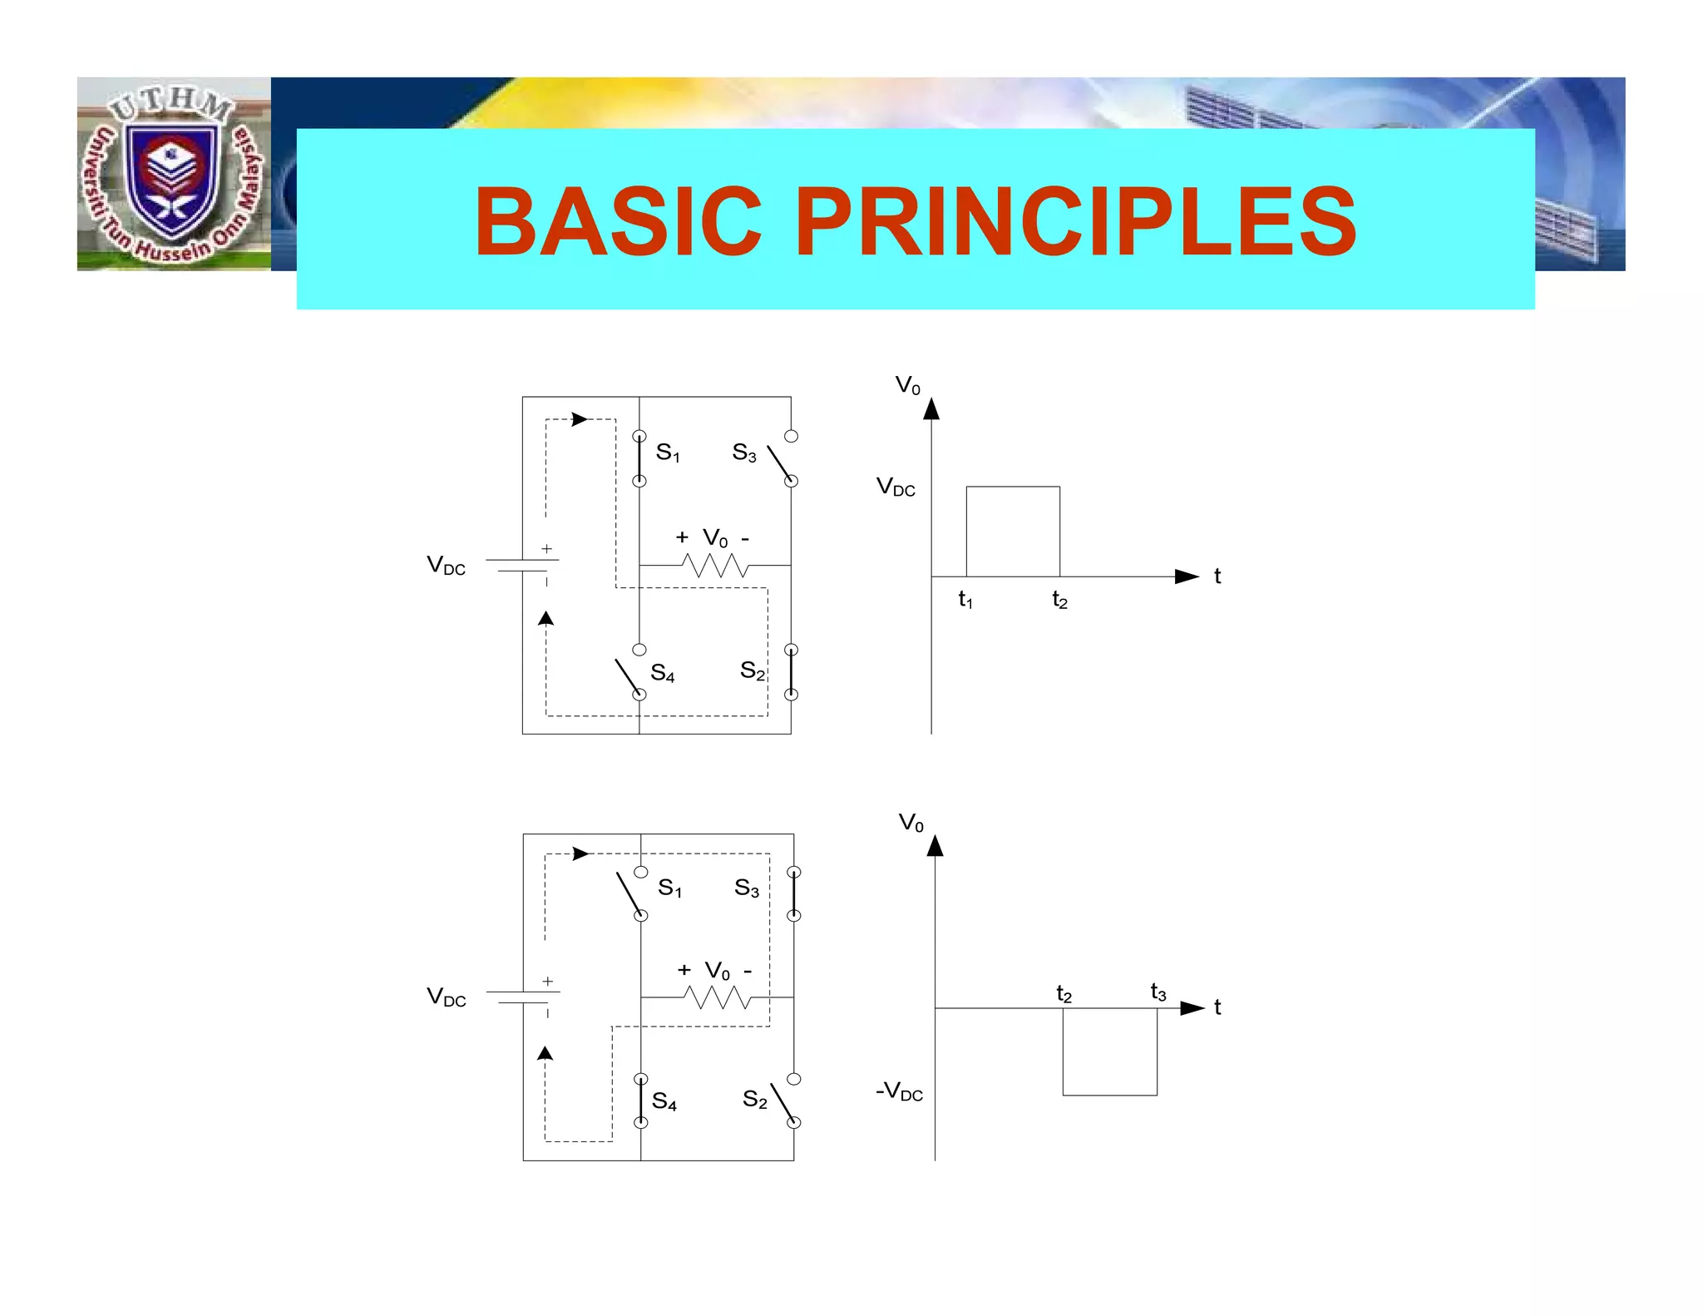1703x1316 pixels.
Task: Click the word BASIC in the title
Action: pyautogui.click(x=618, y=222)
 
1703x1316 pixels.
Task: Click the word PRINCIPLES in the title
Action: pyautogui.click(x=1076, y=222)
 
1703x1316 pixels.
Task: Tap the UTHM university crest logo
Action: pyautogui.click(x=173, y=175)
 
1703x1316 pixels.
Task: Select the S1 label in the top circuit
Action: pyautogui.click(x=668, y=453)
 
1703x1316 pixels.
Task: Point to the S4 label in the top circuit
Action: pyautogui.click(x=663, y=672)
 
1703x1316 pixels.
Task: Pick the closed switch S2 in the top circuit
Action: pyautogui.click(x=791, y=672)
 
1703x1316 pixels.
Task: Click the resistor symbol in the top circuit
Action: pyautogui.click(x=714, y=566)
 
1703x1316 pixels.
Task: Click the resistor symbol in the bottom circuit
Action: pyautogui.click(x=717, y=997)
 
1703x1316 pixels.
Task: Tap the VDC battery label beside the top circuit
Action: pyautogui.click(x=447, y=566)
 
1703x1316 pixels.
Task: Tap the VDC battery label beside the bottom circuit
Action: pyautogui.click(x=447, y=997)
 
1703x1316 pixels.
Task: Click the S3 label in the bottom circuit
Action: pyautogui.click(x=747, y=888)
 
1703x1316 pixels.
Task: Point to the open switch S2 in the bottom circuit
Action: pyautogui.click(x=783, y=1102)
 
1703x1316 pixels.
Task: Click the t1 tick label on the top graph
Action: pyautogui.click(x=965, y=599)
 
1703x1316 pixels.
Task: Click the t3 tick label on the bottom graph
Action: pyautogui.click(x=1158, y=992)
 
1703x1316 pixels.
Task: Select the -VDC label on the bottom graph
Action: pyautogui.click(x=900, y=1091)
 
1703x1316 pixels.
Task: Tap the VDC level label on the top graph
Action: pyautogui.click(x=896, y=487)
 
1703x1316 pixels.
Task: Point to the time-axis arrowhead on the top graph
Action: pyautogui.click(x=1187, y=576)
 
